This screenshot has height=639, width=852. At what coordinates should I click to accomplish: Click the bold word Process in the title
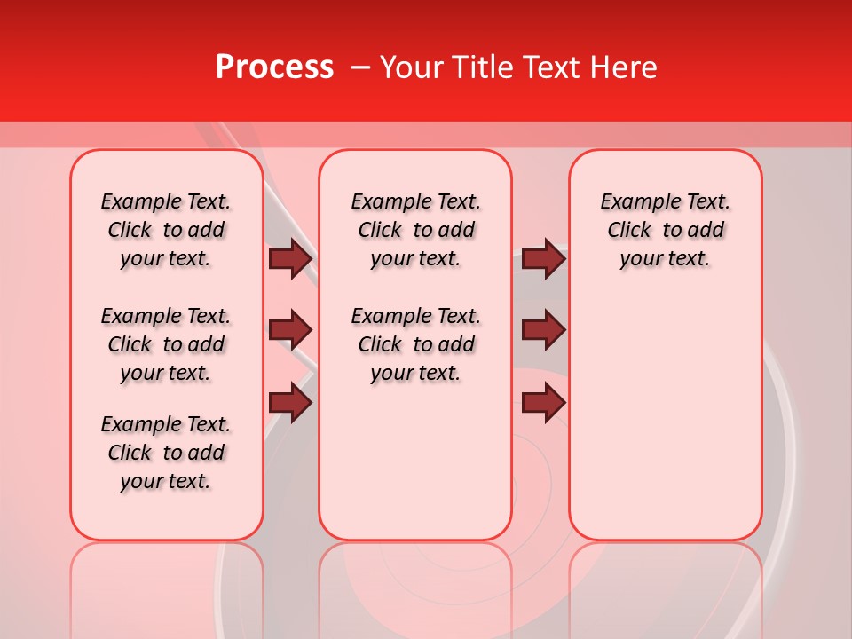274,67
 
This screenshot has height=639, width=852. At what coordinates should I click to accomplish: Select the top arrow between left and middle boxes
290,258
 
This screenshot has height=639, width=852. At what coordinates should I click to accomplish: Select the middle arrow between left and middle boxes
290,331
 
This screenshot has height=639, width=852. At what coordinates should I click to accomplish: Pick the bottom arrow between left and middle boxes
290,404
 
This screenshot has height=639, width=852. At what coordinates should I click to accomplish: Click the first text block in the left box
166,230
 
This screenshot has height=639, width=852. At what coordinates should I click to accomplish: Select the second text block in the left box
166,344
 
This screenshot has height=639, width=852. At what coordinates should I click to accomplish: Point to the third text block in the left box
166,453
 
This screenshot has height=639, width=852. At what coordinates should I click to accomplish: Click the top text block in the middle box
416,230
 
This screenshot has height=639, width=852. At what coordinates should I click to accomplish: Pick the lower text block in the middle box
416,344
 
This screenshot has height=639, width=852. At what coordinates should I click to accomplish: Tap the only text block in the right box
666,230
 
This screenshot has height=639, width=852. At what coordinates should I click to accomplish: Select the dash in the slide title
360,67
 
